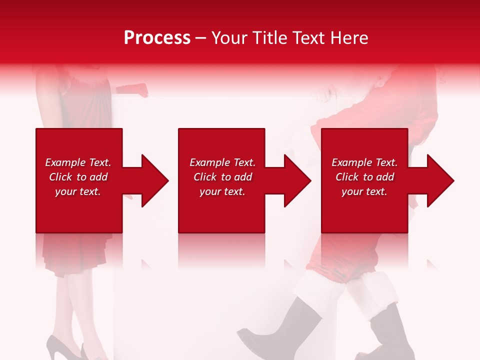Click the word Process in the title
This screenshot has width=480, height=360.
[x=157, y=38]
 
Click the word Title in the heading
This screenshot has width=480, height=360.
[x=268, y=38]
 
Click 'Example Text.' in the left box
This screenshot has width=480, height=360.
[x=78, y=162]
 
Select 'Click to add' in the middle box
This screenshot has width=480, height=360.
[x=222, y=177]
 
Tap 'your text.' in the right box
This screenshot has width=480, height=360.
[x=364, y=191]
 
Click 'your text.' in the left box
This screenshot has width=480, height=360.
[x=78, y=191]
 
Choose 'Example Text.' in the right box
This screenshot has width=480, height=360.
[x=364, y=162]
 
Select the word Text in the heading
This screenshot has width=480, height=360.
[x=308, y=38]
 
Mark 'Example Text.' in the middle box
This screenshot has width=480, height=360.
[x=222, y=162]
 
